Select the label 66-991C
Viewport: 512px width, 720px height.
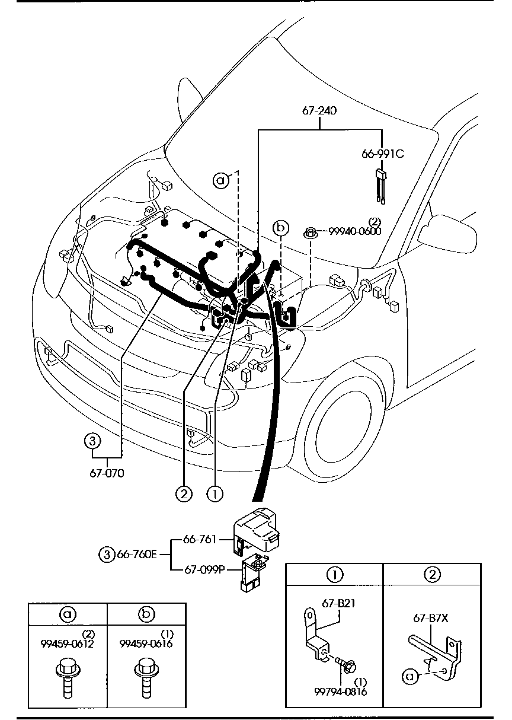(382, 154)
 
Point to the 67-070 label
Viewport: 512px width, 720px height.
(107, 473)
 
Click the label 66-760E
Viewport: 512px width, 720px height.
(136, 555)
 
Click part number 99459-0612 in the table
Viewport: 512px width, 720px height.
(68, 643)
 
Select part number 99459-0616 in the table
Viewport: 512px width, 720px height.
(146, 643)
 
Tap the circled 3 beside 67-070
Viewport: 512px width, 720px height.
(91, 441)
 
